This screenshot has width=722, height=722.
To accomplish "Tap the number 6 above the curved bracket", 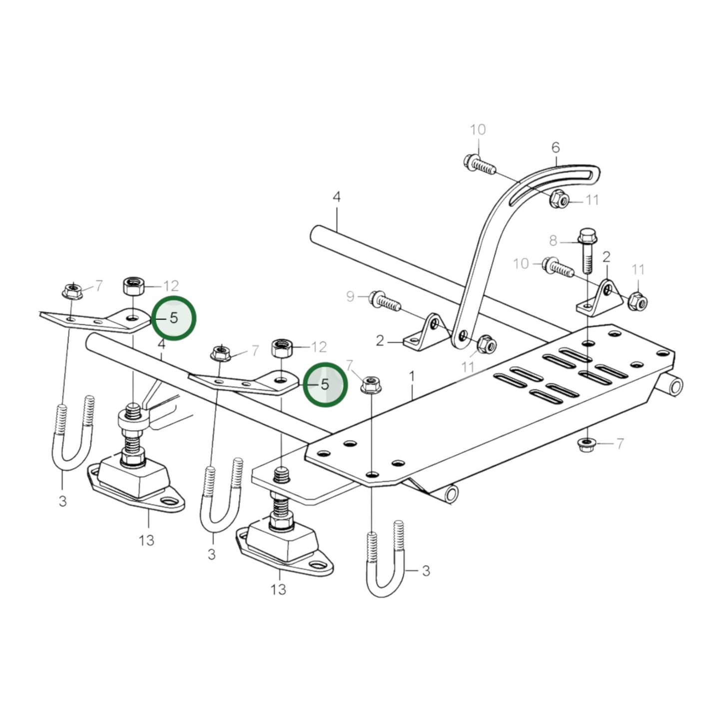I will click(x=556, y=148).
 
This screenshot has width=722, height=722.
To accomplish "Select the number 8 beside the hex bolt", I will click(x=553, y=241).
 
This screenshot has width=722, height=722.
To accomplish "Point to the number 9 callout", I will click(x=350, y=297).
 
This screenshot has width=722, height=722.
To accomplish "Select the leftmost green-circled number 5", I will click(x=173, y=318).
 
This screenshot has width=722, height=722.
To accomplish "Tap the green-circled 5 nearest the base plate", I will click(x=325, y=384).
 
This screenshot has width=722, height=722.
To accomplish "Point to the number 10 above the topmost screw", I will click(x=478, y=130).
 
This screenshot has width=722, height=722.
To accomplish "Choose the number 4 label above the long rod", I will click(x=336, y=197).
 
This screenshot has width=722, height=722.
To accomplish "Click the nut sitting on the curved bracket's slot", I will click(x=559, y=199).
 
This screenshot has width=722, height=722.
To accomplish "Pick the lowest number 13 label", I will click(x=278, y=590).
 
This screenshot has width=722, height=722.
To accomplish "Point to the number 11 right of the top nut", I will click(x=592, y=200).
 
